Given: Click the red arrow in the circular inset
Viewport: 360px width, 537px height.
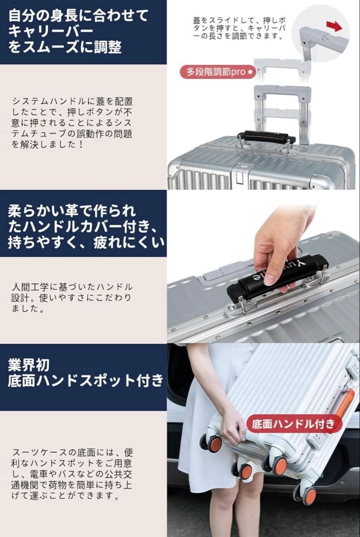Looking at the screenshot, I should [x=334, y=26].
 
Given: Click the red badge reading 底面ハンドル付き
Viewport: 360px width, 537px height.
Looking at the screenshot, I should [x=294, y=424].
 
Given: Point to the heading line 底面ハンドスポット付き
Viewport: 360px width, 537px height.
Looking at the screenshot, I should [x=85, y=381].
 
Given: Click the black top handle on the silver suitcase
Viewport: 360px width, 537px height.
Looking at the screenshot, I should [x=266, y=137].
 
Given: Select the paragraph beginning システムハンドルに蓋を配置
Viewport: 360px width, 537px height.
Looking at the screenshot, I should [x=73, y=122].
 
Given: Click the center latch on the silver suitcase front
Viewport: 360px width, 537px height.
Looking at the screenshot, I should [x=240, y=174].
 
